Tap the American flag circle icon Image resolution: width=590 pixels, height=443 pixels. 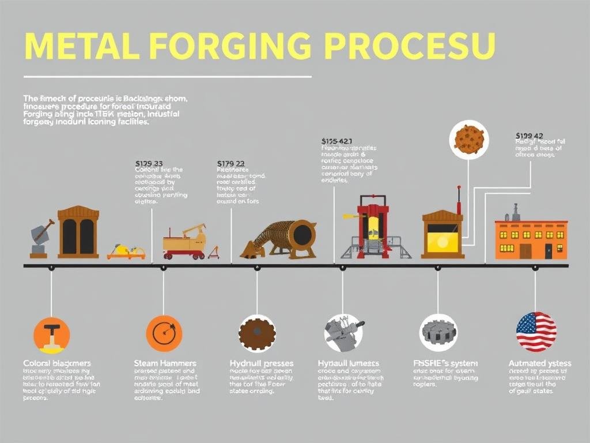coord(536,332)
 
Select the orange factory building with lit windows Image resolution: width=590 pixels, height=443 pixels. coord(531,238)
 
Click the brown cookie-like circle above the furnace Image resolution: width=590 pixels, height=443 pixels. coord(468,140)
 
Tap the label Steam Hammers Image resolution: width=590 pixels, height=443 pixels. coord(165,363)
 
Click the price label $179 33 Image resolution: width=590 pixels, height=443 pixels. coord(149,163)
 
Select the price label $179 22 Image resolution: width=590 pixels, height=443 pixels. coord(230,163)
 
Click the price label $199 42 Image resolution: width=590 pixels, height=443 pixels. coord(530,136)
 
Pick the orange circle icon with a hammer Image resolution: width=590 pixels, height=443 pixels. coord(51,335)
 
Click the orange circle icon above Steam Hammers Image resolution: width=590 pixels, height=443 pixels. coord(164,333)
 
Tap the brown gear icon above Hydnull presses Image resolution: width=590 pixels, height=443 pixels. coord(257,333)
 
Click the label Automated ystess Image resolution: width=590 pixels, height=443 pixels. coord(540,363)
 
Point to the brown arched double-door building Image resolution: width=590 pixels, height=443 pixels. coord(78,232)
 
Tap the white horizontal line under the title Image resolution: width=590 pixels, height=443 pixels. coord(167,77)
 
